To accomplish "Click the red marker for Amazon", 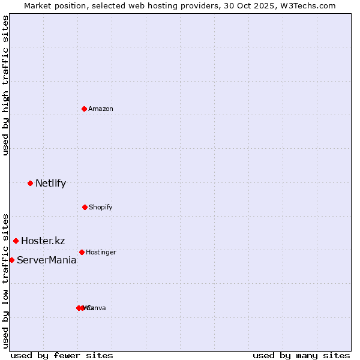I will pos(84,109).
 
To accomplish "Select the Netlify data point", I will pos(30,183).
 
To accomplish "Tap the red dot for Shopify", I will pos(85,207).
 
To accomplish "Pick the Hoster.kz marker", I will pos(16,241).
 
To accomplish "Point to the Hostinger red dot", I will pos(82,252).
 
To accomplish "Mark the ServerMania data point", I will pos(11,260).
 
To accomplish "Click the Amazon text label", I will pos(101,109).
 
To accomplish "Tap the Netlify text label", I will pos(50,184).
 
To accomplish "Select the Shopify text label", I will pos(101,207).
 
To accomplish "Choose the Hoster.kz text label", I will pos(43,241).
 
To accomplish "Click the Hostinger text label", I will pos(101,252).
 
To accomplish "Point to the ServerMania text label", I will pos(46,260).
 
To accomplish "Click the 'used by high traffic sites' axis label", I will pos(5,85).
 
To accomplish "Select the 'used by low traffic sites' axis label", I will pos(5,280).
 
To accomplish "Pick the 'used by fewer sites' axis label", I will pos(62,355).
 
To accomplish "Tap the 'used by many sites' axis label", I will pos(301,355).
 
